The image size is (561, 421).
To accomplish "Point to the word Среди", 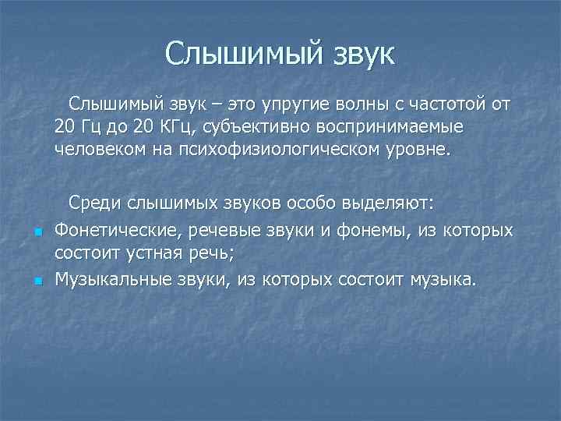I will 96,203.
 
